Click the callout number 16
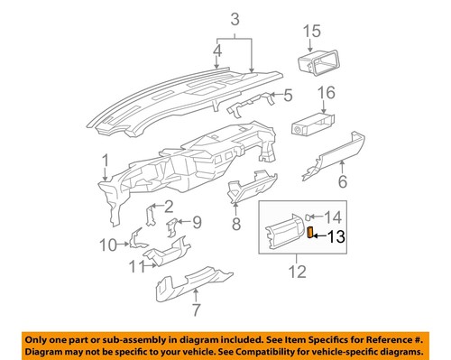[326, 92]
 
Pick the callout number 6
[342, 182]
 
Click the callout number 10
[106, 244]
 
